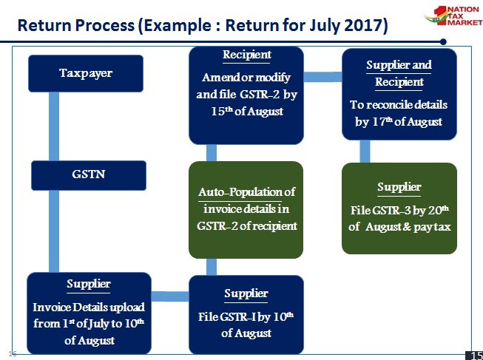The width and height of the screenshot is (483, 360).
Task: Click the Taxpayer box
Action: (x=86, y=74)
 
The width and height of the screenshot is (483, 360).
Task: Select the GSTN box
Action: (x=89, y=175)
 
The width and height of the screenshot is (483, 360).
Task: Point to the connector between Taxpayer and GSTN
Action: (x=54, y=126)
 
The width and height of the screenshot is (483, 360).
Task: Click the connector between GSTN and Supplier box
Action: (x=54, y=231)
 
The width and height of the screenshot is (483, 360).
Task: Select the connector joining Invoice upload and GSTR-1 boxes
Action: (x=170, y=296)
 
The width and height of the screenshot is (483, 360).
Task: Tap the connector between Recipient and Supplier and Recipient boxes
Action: (x=322, y=77)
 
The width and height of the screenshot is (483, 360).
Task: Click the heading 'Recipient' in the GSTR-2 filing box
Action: (x=247, y=55)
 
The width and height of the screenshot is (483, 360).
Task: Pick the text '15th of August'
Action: (x=247, y=111)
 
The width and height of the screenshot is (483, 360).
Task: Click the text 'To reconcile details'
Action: (x=399, y=105)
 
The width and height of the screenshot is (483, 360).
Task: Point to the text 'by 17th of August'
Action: (x=399, y=122)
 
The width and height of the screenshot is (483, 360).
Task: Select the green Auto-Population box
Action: (x=246, y=210)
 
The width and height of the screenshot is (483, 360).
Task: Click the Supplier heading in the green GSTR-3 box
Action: (x=399, y=187)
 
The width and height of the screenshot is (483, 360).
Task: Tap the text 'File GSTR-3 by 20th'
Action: (x=399, y=210)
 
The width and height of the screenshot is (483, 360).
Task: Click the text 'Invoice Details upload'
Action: (x=89, y=307)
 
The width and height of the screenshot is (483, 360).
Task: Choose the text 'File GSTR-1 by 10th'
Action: (x=246, y=316)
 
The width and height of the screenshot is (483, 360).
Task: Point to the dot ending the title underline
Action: (x=443, y=41)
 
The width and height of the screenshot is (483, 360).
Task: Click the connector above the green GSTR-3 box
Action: (x=365, y=152)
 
